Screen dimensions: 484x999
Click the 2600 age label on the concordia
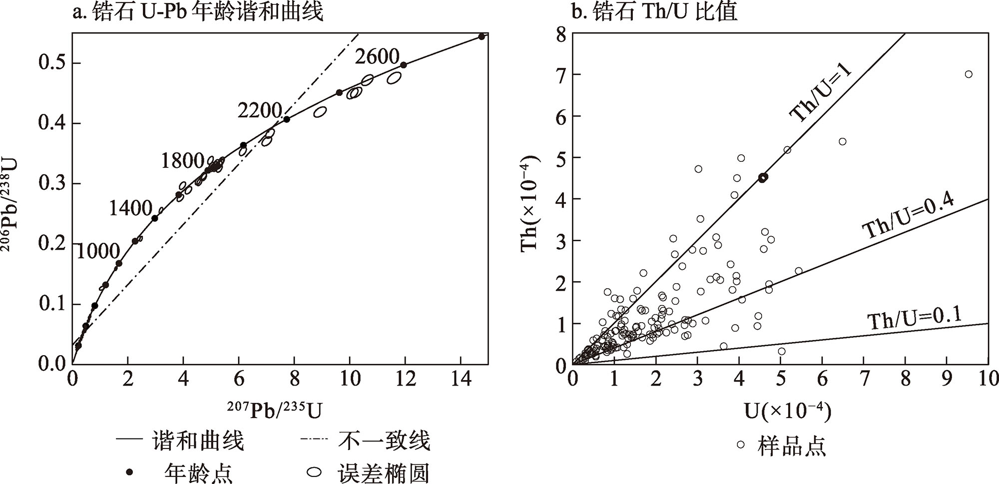pyautogui.click(x=377, y=57)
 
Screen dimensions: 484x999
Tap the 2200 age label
pyautogui.click(x=260, y=110)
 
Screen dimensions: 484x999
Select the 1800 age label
pyautogui.click(x=183, y=161)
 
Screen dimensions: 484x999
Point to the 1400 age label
pyautogui.click(x=130, y=208)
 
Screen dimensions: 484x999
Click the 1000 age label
pyautogui.click(x=98, y=251)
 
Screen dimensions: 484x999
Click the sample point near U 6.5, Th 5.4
pyautogui.click(x=842, y=142)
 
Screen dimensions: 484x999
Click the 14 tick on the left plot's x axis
pyautogui.click(x=461, y=380)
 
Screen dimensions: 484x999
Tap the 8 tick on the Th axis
pyautogui.click(x=560, y=34)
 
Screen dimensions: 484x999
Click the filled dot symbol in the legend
pyautogui.click(x=129, y=472)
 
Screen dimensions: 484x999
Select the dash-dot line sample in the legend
pyautogui.click(x=314, y=440)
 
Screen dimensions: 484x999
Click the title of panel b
pyautogui.click(x=654, y=11)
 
